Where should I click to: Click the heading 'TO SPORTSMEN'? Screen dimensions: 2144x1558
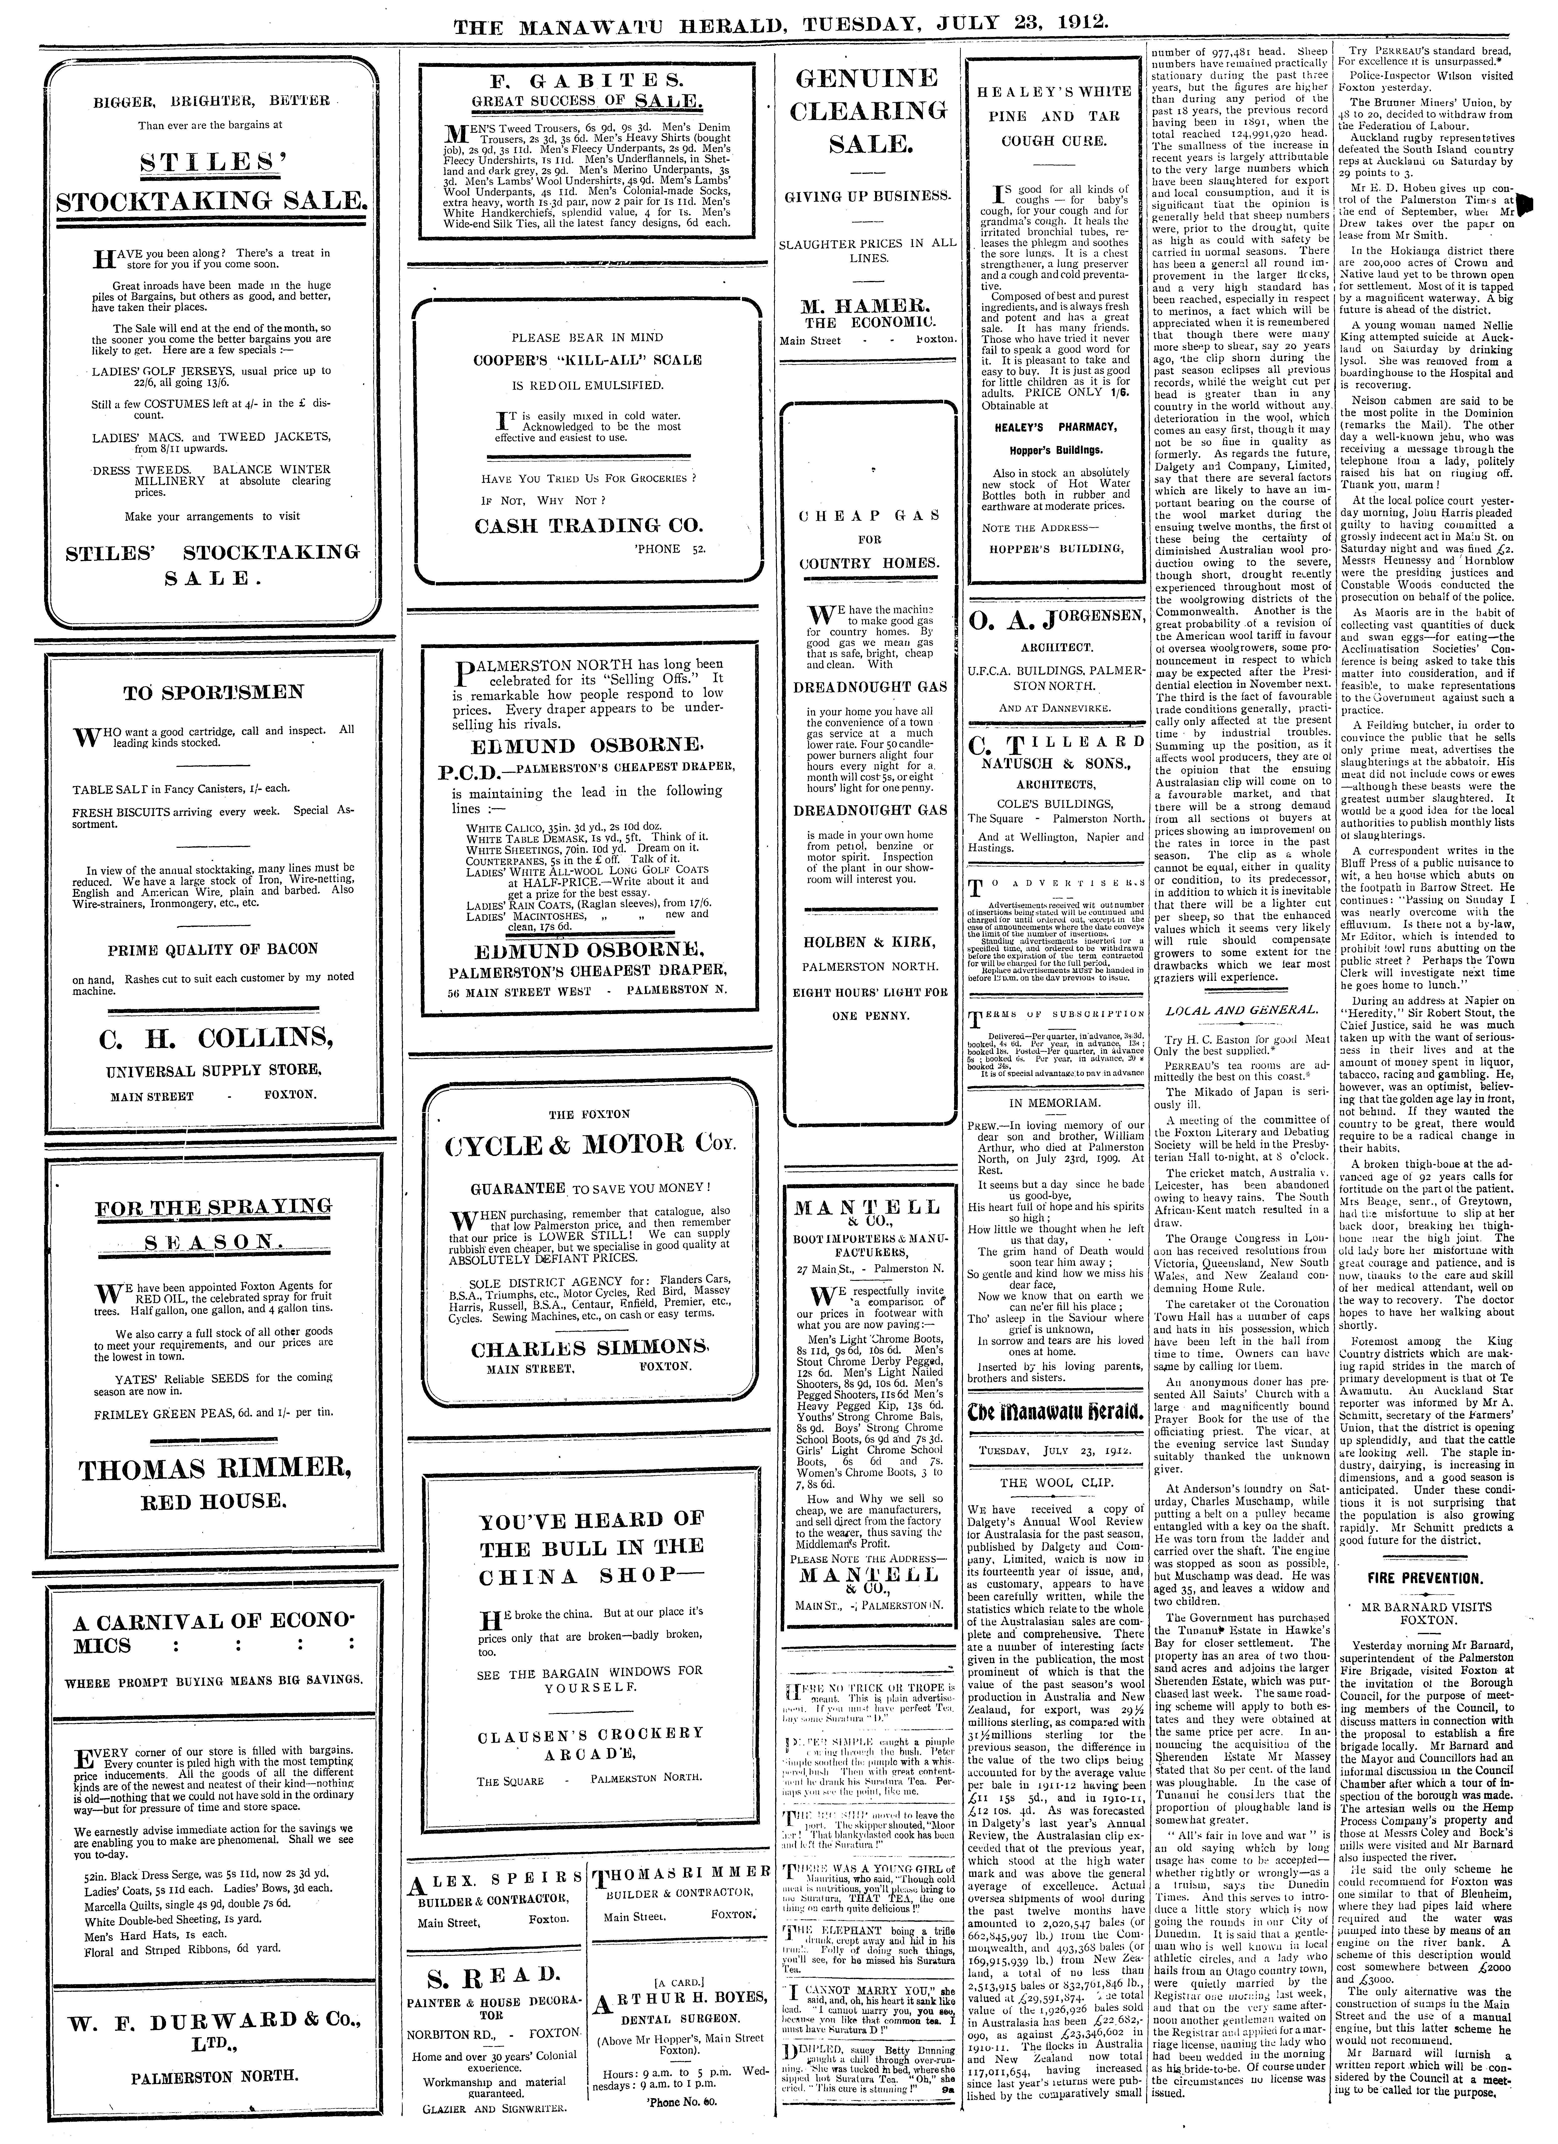coord(214,692)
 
